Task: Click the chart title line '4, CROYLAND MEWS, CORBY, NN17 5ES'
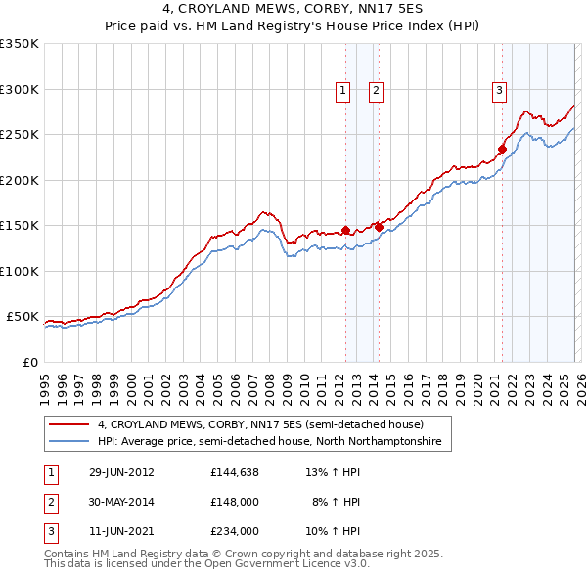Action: (293, 11)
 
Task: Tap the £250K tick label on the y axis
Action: (20, 135)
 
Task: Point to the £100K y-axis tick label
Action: (20, 271)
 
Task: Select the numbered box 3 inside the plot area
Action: (499, 92)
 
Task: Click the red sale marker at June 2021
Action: (502, 150)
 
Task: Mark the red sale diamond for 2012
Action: (345, 231)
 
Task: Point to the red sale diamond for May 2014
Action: (379, 228)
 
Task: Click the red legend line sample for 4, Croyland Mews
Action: (68, 425)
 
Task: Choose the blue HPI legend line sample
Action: (68, 442)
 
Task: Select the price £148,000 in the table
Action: (234, 502)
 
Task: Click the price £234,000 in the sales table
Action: (234, 531)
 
